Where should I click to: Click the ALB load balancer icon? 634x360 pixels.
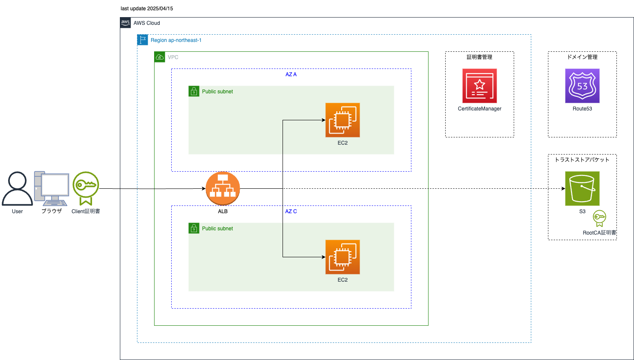(223, 189)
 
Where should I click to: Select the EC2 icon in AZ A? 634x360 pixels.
(342, 120)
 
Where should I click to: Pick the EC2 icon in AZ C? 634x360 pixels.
(342, 257)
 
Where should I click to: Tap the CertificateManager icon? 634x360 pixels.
(479, 86)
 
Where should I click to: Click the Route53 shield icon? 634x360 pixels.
(582, 86)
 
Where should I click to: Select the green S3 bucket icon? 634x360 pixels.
(582, 189)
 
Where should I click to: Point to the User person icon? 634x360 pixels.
(17, 189)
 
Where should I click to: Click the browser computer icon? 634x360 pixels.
(51, 189)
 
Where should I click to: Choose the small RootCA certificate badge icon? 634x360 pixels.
(599, 218)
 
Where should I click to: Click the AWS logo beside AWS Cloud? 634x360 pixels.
(125, 23)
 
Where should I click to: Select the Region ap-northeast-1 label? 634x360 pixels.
(176, 40)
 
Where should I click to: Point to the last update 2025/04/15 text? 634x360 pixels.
(147, 9)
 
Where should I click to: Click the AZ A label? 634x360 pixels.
(291, 74)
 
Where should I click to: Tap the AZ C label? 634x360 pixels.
(291, 211)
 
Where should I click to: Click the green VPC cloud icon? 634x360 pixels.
(160, 57)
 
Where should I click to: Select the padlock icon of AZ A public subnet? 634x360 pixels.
(194, 91)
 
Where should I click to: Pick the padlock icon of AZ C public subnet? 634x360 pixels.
(194, 228)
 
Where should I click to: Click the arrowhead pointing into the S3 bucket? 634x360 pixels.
(563, 189)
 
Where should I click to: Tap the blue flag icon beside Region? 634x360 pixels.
(143, 40)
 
